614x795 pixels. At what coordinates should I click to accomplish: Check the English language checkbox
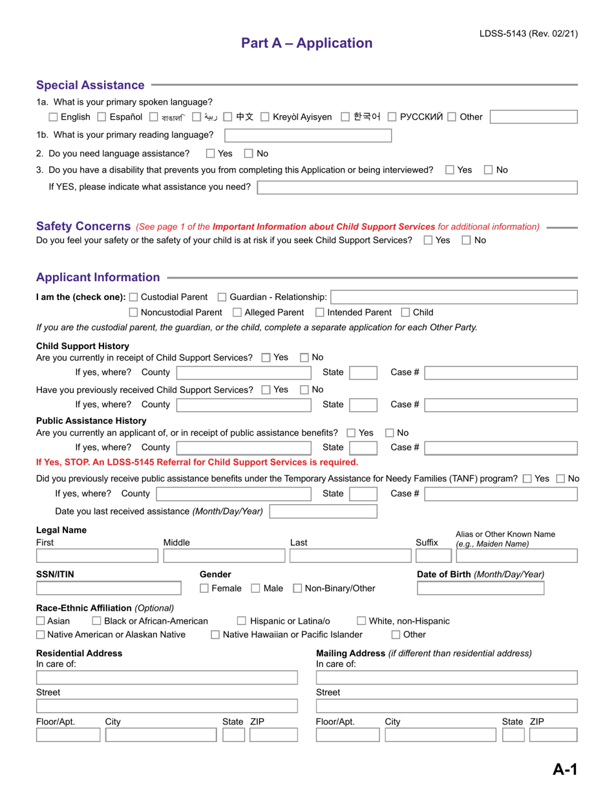coord(54,117)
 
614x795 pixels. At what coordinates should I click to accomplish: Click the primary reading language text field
coord(308,135)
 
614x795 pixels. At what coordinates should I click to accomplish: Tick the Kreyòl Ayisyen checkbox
coord(265,117)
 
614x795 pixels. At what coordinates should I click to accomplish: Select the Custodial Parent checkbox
coord(134,297)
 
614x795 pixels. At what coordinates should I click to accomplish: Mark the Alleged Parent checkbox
coord(237,313)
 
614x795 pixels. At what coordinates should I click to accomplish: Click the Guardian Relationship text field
coord(454,297)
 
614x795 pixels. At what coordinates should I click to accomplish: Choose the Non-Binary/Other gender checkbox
coord(298,588)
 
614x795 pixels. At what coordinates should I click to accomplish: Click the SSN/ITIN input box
coord(109,588)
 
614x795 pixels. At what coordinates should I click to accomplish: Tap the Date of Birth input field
coord(480,588)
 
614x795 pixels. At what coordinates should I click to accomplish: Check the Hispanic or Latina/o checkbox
coord(242,621)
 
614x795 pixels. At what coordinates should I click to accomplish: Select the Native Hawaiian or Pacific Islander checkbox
coord(216,635)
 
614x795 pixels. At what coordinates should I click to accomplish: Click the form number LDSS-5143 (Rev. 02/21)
coord(528,34)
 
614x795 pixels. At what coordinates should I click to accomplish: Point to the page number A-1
coord(564,769)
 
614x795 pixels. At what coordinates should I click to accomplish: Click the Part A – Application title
coord(307,43)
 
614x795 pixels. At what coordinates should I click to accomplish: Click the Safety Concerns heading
coord(83,226)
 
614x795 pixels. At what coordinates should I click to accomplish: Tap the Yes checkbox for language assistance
coord(211,154)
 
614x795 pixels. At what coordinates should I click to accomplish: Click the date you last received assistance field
coord(323,511)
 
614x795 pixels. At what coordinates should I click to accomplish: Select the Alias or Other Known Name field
coord(516,555)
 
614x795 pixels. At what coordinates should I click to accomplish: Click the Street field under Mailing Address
coord(447,706)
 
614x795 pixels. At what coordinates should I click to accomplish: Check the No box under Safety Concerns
coord(467,240)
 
